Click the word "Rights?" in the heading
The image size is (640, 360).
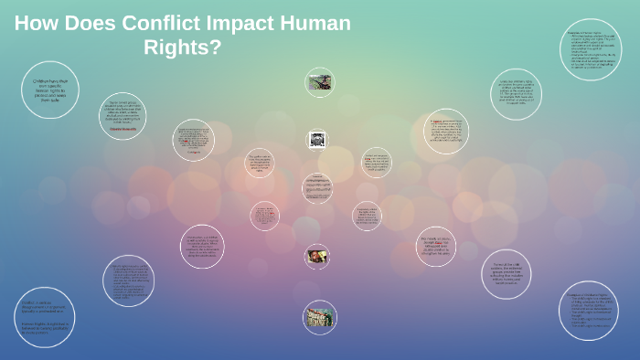point(183,47)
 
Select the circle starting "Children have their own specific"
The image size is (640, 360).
point(50,90)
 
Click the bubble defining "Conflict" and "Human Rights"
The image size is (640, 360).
point(45,317)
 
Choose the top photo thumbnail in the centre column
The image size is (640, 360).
point(319,82)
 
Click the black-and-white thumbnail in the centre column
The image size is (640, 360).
point(317,139)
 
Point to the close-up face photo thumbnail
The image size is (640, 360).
point(317,256)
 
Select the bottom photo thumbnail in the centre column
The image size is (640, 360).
point(319,316)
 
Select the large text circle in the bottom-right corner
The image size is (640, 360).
point(589,311)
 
